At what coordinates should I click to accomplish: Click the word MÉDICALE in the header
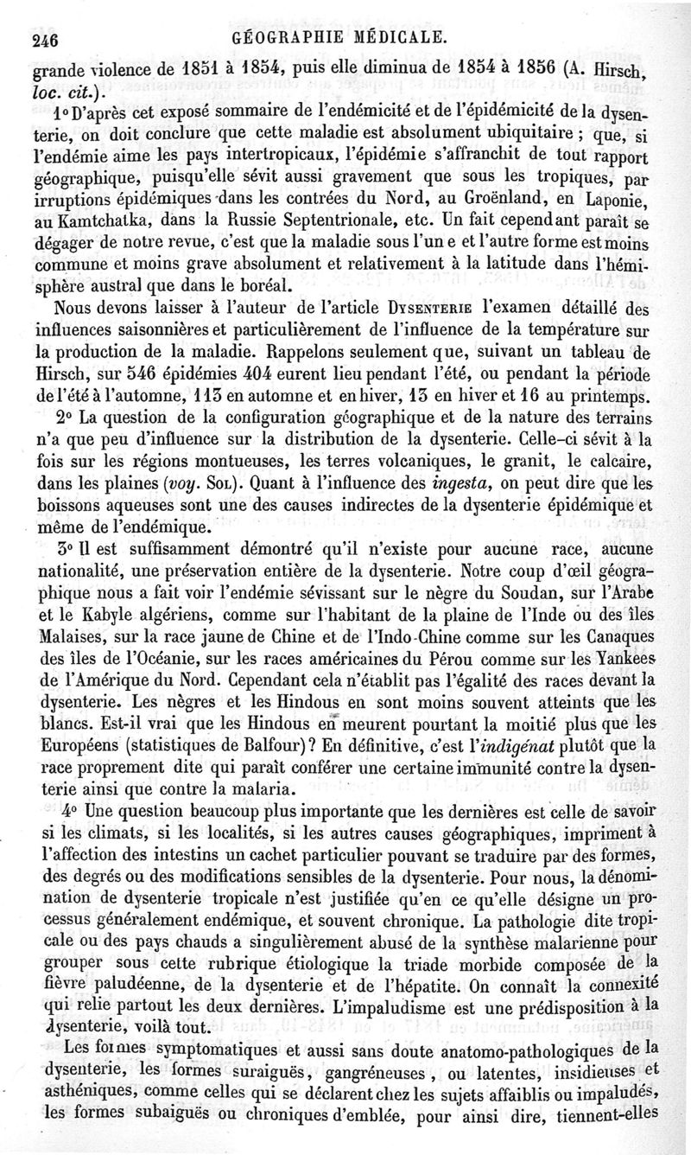pos(402,37)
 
